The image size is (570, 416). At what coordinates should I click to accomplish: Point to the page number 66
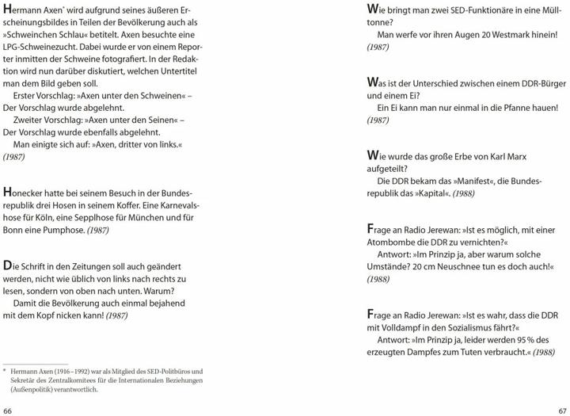(x=8, y=410)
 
